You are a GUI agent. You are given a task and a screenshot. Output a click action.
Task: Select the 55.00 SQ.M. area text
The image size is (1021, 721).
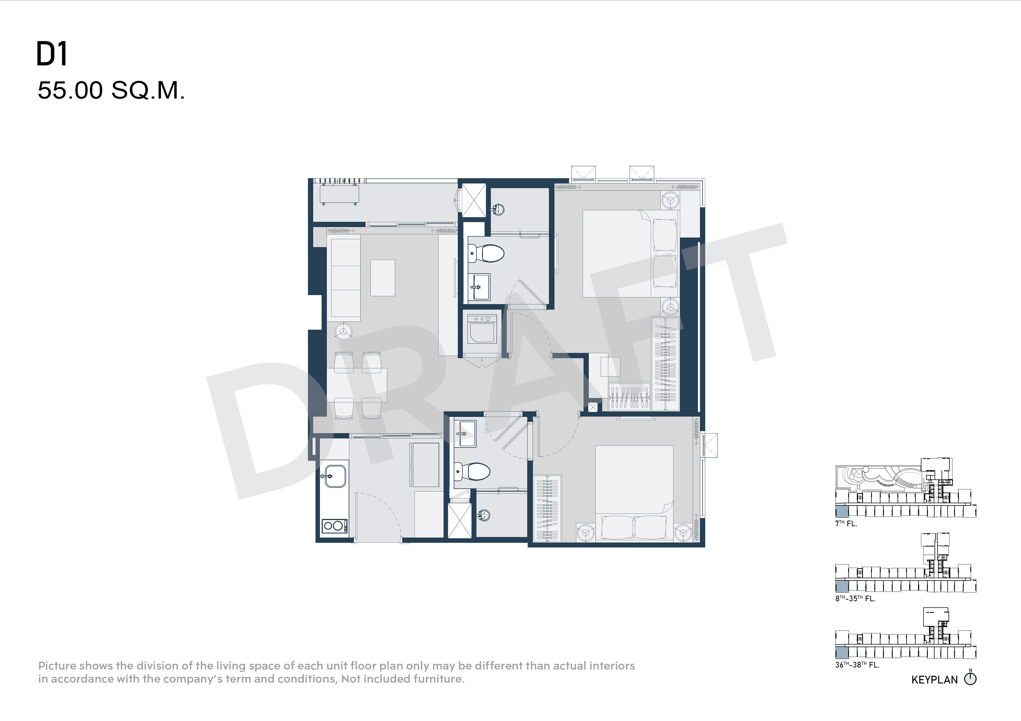point(111,91)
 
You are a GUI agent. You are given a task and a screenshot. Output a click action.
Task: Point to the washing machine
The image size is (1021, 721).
point(482,329)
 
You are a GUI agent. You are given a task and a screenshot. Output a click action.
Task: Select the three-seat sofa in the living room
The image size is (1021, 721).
point(345,278)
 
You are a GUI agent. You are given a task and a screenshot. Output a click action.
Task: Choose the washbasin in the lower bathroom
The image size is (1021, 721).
point(465,433)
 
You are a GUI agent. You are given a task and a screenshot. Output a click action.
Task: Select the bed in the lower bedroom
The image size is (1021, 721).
point(634,493)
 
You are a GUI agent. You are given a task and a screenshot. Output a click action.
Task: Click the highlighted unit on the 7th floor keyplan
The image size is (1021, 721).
point(842,511)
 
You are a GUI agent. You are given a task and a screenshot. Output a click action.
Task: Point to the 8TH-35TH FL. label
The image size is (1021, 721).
point(855,598)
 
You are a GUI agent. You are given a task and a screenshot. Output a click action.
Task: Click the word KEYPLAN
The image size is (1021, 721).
point(934,680)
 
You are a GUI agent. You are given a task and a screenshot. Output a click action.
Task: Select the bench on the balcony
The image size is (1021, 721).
point(340,194)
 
